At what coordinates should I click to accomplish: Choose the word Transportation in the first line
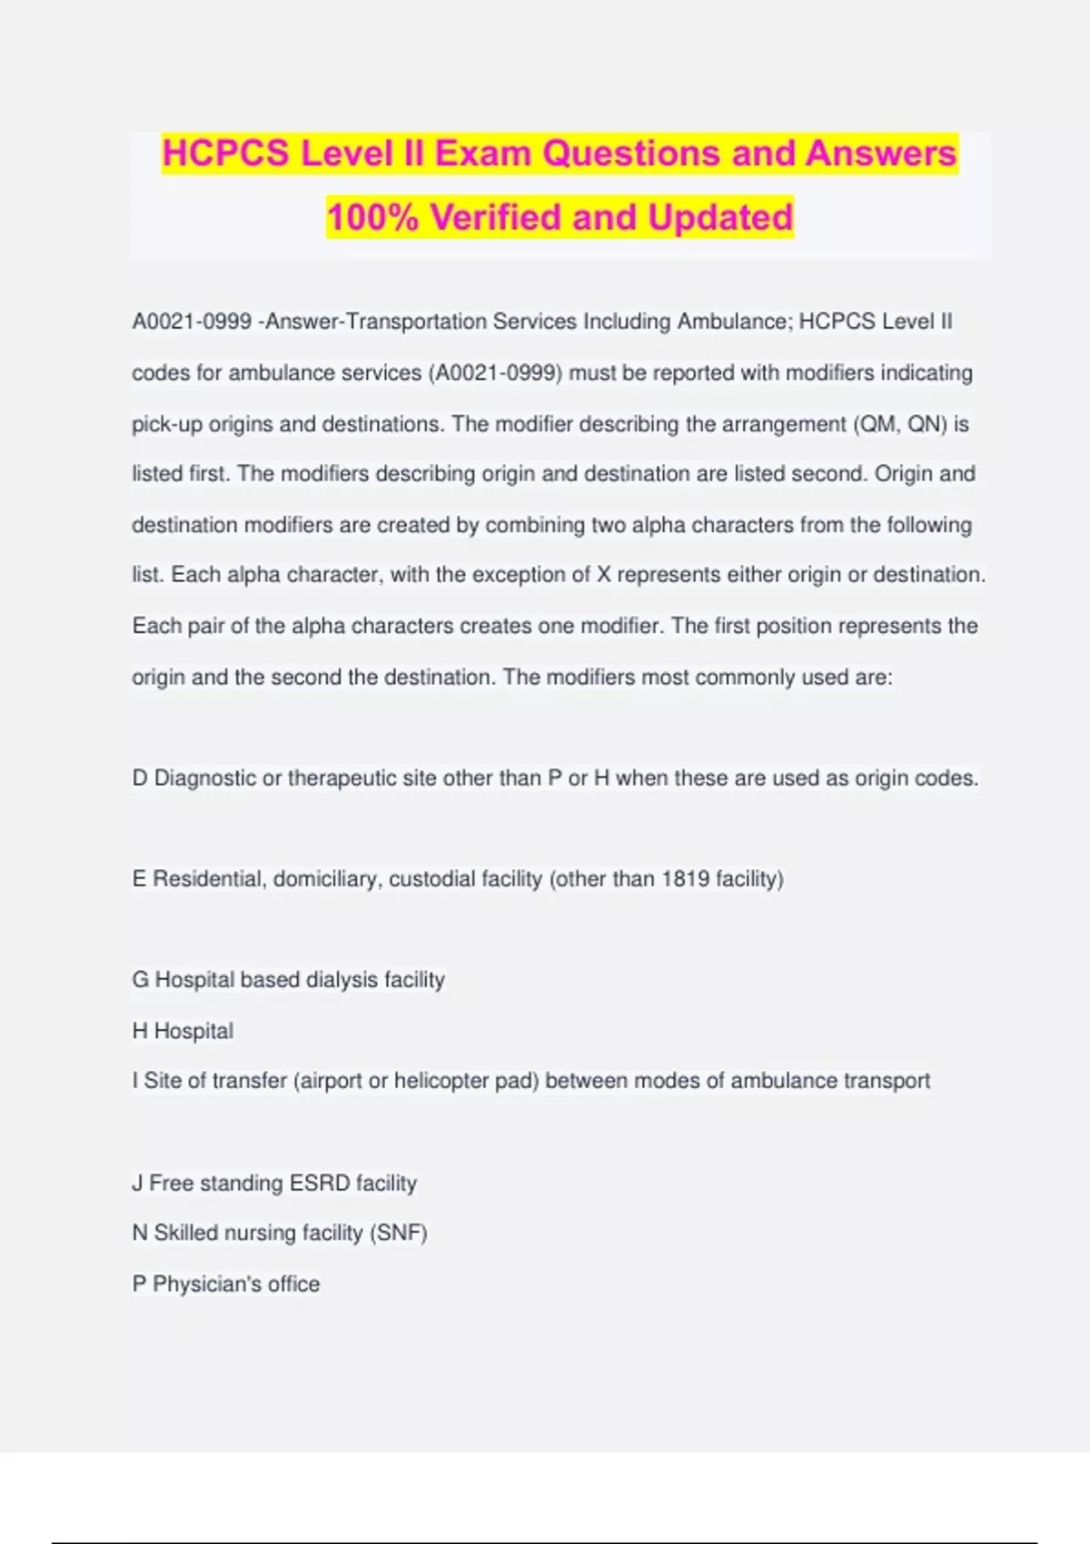(x=416, y=322)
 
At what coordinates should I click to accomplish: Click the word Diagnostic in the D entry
(x=205, y=778)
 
